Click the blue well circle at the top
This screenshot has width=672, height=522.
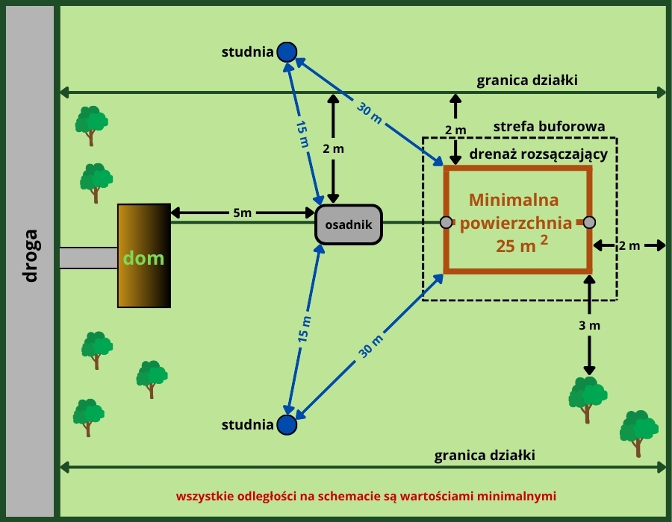coord(287,51)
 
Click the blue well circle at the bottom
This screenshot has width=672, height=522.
coord(287,424)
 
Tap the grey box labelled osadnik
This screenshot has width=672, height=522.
coord(349,224)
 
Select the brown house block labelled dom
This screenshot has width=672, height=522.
coord(144,255)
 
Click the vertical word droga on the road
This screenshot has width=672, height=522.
coord(30,256)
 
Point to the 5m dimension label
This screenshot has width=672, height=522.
coord(242,213)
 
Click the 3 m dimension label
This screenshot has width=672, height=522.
coord(589,326)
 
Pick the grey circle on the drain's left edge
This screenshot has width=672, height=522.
coord(446,222)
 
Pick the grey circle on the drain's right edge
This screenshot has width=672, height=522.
coord(589,222)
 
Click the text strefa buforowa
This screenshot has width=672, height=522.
coord(549,127)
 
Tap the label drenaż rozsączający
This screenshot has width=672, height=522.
coord(538,155)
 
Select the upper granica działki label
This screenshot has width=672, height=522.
coord(527,81)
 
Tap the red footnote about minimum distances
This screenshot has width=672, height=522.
coord(366,495)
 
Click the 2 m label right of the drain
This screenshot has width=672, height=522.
coord(629,245)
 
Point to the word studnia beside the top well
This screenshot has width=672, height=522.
coord(247,52)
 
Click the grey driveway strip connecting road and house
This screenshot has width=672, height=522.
coord(88,258)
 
